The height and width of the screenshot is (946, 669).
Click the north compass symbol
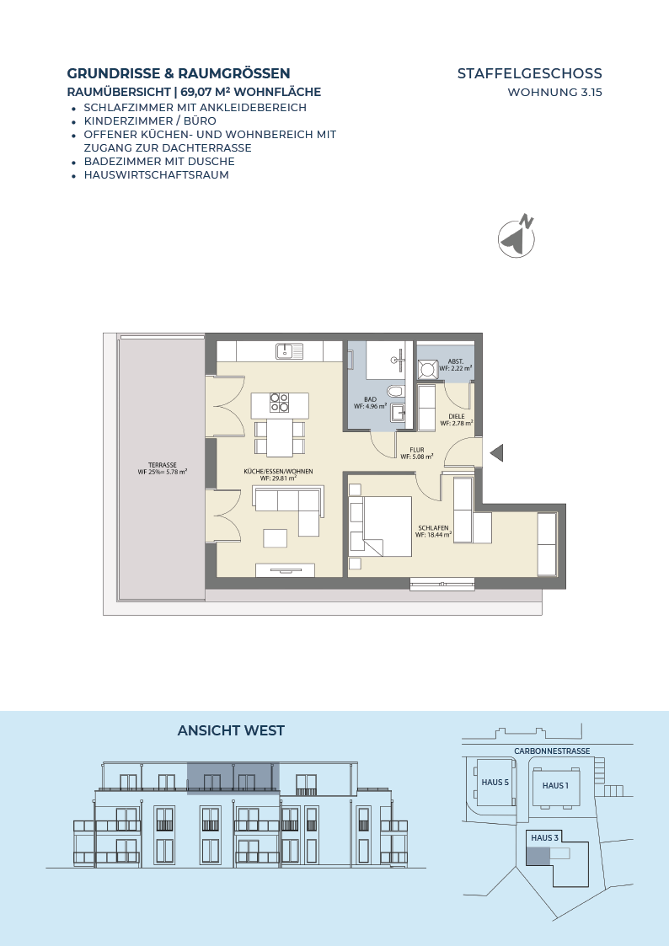point(517,237)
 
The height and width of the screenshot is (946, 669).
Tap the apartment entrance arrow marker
point(496,452)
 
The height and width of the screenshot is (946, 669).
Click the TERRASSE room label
point(163,468)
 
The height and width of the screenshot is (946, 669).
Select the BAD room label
point(370,403)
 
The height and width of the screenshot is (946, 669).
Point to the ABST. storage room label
point(456,365)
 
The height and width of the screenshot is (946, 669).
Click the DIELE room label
point(457,420)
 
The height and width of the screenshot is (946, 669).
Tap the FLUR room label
point(417,453)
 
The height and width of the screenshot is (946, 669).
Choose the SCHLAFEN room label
point(433,531)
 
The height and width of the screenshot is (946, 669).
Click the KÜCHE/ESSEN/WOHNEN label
point(278,475)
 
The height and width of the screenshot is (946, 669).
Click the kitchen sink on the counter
point(291,350)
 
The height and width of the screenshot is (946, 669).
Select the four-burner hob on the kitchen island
point(279,403)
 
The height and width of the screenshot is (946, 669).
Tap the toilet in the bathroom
point(396,392)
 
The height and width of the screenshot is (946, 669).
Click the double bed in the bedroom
point(381,526)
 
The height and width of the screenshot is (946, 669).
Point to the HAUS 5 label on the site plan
point(495,783)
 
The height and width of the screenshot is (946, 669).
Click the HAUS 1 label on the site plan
point(555,785)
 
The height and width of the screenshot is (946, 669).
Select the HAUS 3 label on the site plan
point(545,837)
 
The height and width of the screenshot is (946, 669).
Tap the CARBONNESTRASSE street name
point(552,751)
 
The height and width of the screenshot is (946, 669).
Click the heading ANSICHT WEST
point(231,730)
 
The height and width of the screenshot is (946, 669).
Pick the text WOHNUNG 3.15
point(555,93)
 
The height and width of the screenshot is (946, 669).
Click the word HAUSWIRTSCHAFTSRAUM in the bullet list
point(156,175)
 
